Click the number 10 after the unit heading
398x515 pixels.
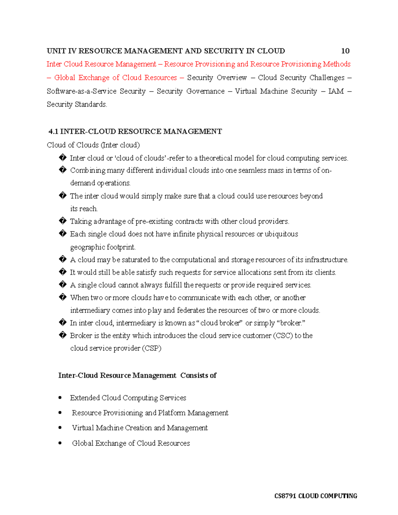point(345,51)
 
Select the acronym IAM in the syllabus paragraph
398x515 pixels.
point(336,91)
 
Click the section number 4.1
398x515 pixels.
point(53,132)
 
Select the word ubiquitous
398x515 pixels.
point(281,234)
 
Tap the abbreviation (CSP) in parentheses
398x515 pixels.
point(152,348)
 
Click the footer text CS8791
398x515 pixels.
point(285,496)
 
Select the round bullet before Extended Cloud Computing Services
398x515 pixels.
point(60,398)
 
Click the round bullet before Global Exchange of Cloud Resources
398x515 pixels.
point(60,443)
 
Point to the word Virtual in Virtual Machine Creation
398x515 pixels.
point(83,428)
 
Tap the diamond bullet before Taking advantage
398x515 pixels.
point(62,221)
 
